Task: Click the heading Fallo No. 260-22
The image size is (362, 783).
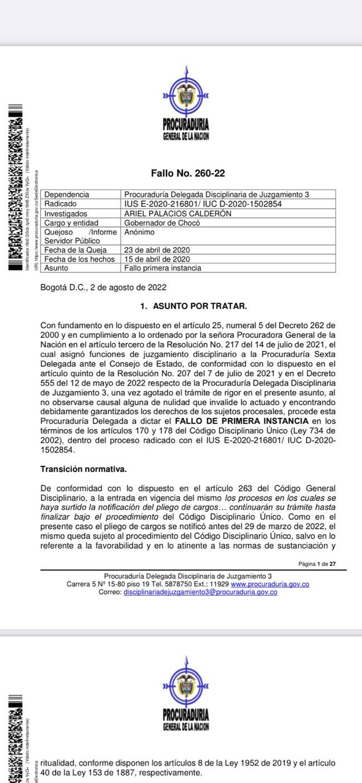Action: point(188,174)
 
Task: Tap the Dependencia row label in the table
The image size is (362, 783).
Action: point(66,195)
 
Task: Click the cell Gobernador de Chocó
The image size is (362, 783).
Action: point(162,223)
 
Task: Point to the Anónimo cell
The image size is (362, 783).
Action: point(139,232)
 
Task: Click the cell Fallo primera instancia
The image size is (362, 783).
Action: point(163,268)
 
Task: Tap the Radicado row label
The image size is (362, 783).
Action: point(62,204)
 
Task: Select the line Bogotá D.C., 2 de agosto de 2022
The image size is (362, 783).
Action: point(104,288)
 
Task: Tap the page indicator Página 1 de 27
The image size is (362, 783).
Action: point(317,564)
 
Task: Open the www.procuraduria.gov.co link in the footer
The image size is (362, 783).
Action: point(270,584)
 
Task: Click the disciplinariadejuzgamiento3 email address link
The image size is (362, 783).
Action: point(200,592)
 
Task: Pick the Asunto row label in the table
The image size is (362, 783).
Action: point(56,268)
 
